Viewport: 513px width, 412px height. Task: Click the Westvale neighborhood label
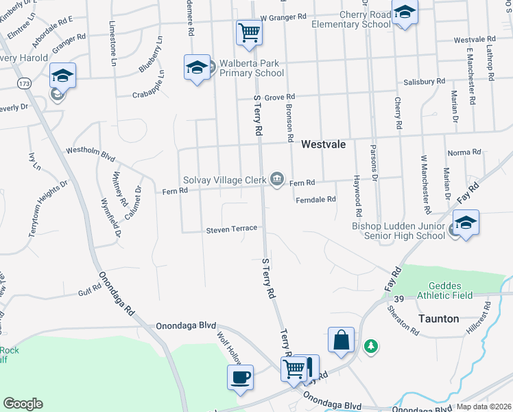pyautogui.click(x=322, y=145)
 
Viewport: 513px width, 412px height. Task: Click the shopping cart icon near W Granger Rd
pyautogui.click(x=249, y=31)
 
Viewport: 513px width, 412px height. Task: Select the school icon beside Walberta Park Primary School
pyautogui.click(x=197, y=67)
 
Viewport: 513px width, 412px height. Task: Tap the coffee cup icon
pyautogui.click(x=240, y=377)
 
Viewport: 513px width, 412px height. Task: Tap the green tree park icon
pyautogui.click(x=371, y=345)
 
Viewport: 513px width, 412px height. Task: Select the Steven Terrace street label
pyautogui.click(x=232, y=229)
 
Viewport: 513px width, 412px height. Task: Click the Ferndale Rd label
pyautogui.click(x=315, y=200)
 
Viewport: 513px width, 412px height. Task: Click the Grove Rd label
pyautogui.click(x=279, y=98)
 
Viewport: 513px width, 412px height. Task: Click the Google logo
pyautogui.click(x=23, y=404)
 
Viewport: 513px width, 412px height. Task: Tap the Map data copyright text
pyautogui.click(x=483, y=407)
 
